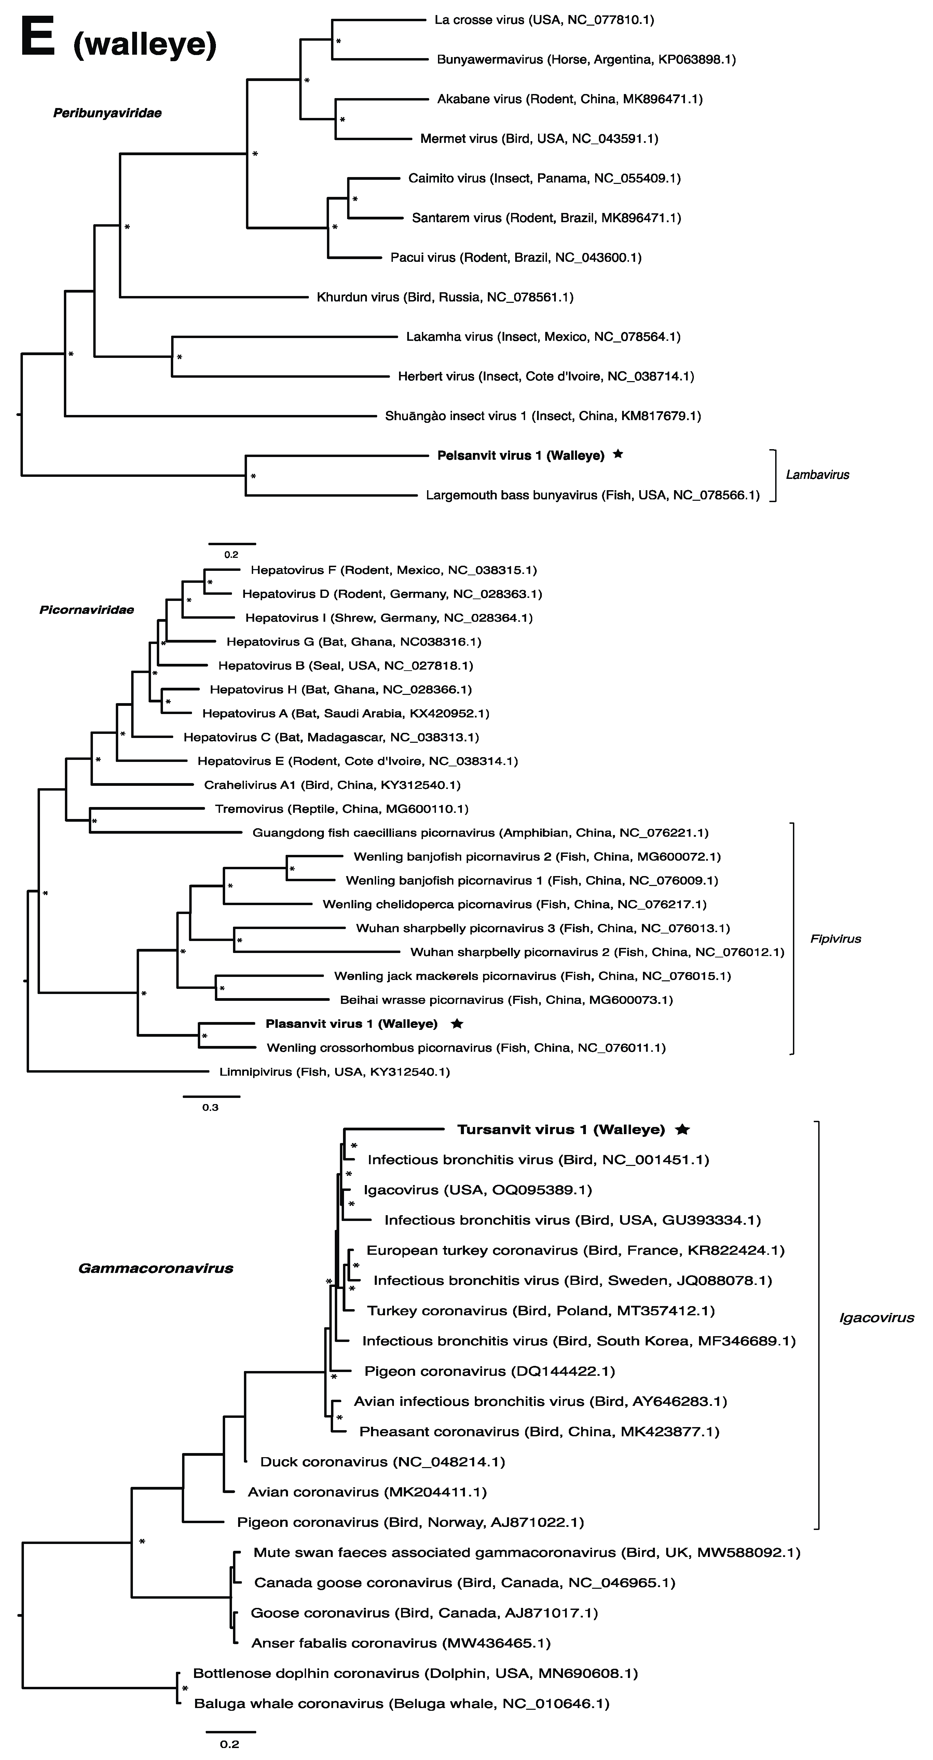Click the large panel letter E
pos(38,38)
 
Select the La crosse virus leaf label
pos(544,20)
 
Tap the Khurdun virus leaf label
pos(445,297)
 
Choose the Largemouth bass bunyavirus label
pos(592,495)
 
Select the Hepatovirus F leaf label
pos(394,570)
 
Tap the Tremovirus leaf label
pos(342,809)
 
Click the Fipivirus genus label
pos(835,939)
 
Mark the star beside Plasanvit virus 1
pos(457,1023)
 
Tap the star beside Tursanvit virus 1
pos(682,1129)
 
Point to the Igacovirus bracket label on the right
pos(876,1318)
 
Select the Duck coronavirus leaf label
pos(383,1462)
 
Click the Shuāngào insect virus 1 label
pos(542,416)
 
